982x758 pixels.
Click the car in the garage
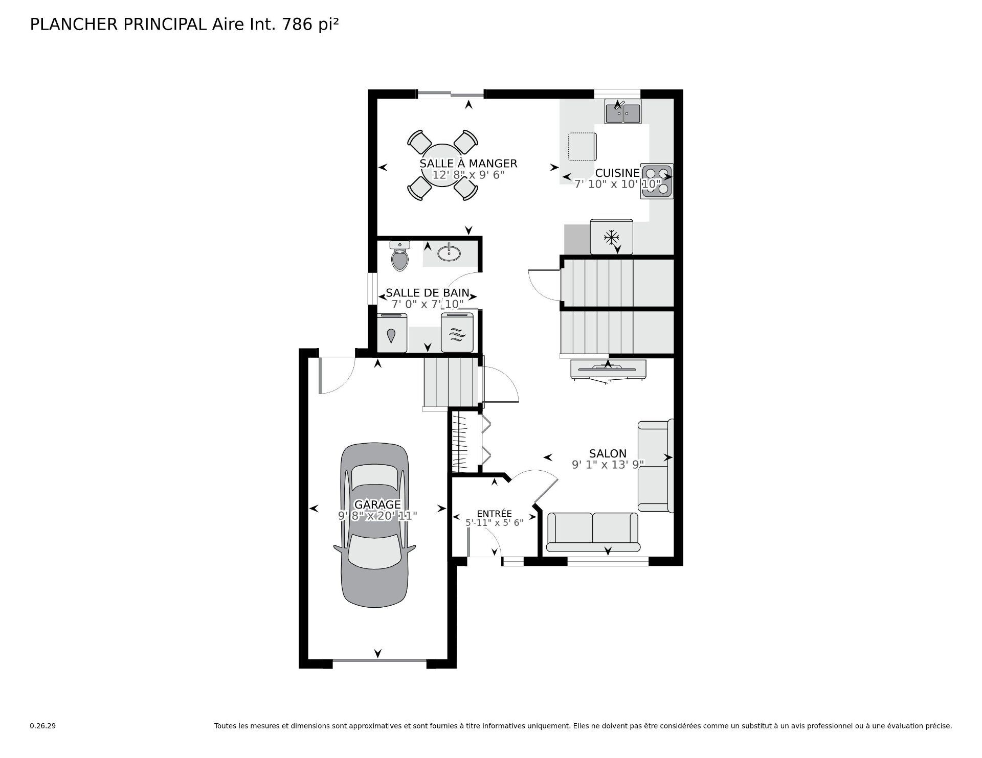pyautogui.click(x=375, y=524)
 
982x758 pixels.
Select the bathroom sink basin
pyautogui.click(x=450, y=252)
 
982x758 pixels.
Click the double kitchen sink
pyautogui.click(x=623, y=113)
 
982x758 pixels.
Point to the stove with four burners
pyautogui.click(x=657, y=181)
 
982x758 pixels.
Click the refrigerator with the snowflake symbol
pyautogui.click(x=611, y=237)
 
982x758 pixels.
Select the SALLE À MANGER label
pyautogui.click(x=468, y=164)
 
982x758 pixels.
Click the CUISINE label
pyautogui.click(x=617, y=173)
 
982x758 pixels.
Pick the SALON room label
pyautogui.click(x=608, y=453)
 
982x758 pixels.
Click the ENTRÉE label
pyautogui.click(x=494, y=514)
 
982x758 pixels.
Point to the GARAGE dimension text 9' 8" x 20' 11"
pyautogui.click(x=377, y=516)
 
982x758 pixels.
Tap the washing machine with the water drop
pyautogui.click(x=391, y=334)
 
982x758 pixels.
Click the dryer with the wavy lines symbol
pyautogui.click(x=457, y=333)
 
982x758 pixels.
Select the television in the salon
pyautogui.click(x=608, y=368)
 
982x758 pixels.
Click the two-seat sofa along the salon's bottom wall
pyautogui.click(x=593, y=532)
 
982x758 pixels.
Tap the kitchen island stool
pyautogui.click(x=582, y=147)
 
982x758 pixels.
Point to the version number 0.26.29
pyautogui.click(x=42, y=726)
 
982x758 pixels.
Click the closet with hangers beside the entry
pyautogui.click(x=460, y=442)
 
